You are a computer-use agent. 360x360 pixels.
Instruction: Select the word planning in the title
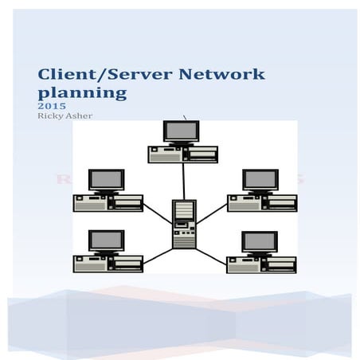pos(83,93)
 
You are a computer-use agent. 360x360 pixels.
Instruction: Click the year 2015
pos(49,105)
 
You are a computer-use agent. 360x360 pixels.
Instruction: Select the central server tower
pos(184,223)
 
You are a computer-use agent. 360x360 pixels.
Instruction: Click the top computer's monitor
pos(182,131)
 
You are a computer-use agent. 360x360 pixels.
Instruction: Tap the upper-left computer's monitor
pos(106,180)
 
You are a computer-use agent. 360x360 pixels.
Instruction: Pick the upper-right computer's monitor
pos(260,180)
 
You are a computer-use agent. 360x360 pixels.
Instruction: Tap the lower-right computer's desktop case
pos(260,264)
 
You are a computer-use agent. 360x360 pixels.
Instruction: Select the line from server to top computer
pos(183,181)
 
